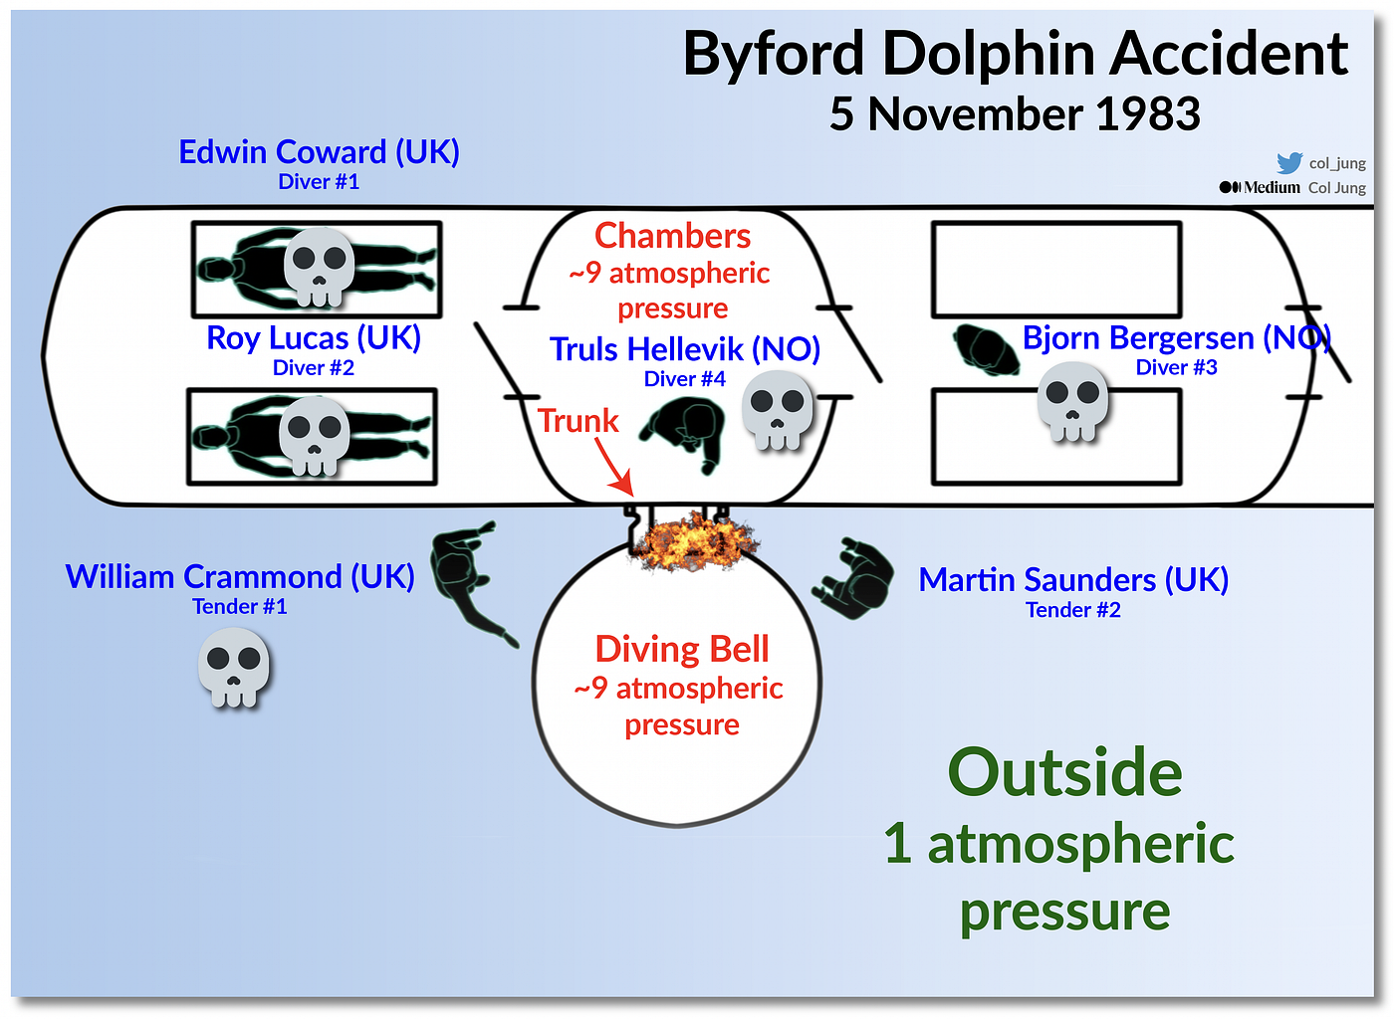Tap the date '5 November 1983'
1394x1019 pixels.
click(1015, 114)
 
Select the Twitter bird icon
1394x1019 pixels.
click(1288, 163)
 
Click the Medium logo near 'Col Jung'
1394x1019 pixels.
click(1260, 187)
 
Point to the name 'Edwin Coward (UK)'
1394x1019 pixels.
click(319, 152)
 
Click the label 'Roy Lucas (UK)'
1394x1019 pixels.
click(313, 339)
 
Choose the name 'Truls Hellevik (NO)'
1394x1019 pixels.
click(685, 349)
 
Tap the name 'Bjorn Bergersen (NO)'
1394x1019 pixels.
click(1176, 339)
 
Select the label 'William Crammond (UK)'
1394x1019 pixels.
click(240, 577)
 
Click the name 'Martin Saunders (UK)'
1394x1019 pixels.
click(1073, 580)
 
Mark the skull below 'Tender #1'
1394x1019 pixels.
click(233, 667)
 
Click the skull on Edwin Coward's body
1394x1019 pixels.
click(319, 267)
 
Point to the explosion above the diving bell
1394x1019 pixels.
click(694, 541)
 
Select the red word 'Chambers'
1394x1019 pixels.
click(672, 237)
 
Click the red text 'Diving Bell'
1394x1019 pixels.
click(682, 650)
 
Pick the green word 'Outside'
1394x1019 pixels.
click(1064, 772)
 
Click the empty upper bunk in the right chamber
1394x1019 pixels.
click(1056, 270)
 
